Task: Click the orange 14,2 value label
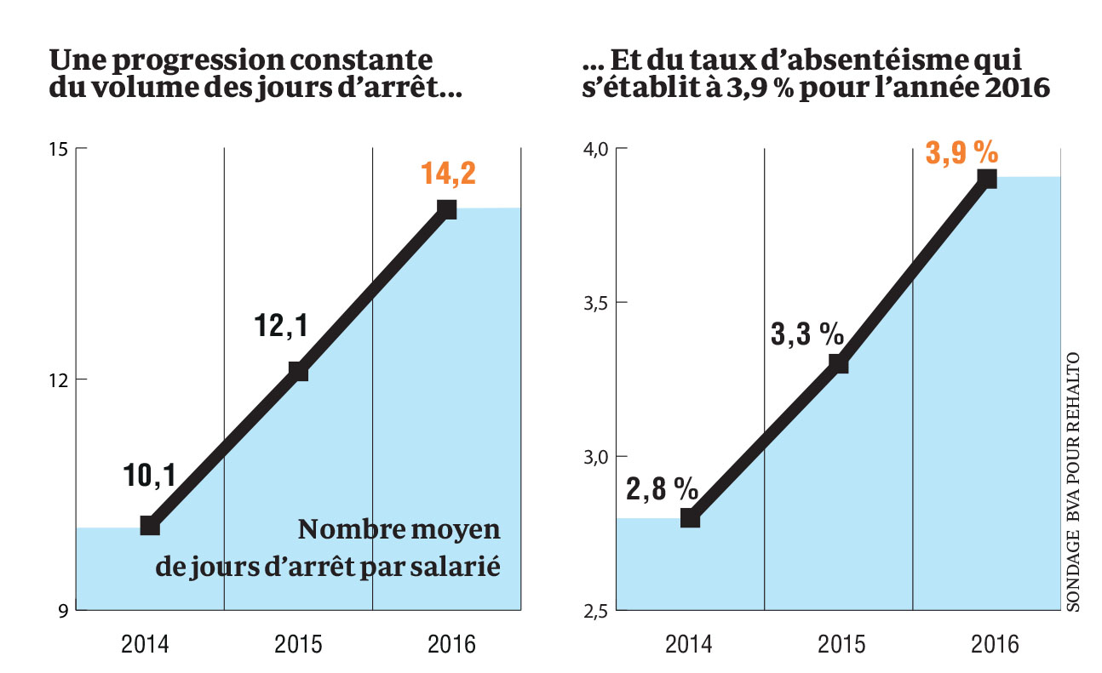point(448,174)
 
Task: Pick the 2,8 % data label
point(663,489)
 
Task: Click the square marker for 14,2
point(447,208)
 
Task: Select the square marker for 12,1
point(298,371)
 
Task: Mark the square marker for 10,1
point(150,525)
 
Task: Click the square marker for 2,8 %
point(690,518)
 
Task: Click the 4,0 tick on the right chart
point(593,150)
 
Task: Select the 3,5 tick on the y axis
point(593,303)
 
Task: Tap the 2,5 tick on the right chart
point(593,611)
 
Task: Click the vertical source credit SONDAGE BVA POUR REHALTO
point(1072,481)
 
